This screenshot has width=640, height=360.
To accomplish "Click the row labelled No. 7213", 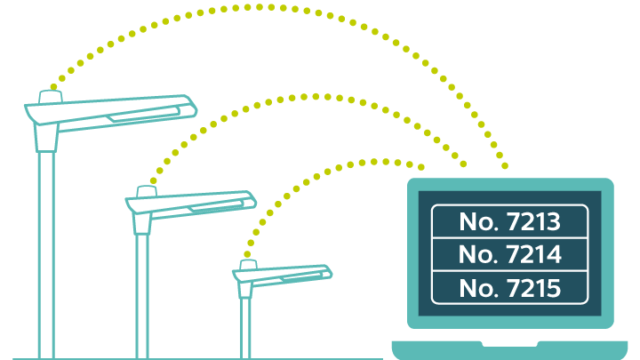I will [x=509, y=221].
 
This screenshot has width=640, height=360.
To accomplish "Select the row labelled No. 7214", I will [x=509, y=255].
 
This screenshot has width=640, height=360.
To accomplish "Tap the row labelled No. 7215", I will [x=509, y=288].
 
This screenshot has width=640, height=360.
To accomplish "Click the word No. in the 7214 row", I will [x=478, y=255].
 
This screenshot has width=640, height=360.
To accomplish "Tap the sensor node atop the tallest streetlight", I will [x=50, y=96].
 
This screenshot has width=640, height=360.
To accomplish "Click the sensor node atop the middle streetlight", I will [x=148, y=191].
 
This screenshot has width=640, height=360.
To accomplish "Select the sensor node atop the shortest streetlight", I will [x=248, y=264].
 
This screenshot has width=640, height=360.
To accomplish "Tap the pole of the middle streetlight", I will [x=142, y=293].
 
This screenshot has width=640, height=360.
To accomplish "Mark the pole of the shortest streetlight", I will [x=245, y=324].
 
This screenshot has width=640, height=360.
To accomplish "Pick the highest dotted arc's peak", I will [x=267, y=6].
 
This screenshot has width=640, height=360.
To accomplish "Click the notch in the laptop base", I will [x=509, y=343].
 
